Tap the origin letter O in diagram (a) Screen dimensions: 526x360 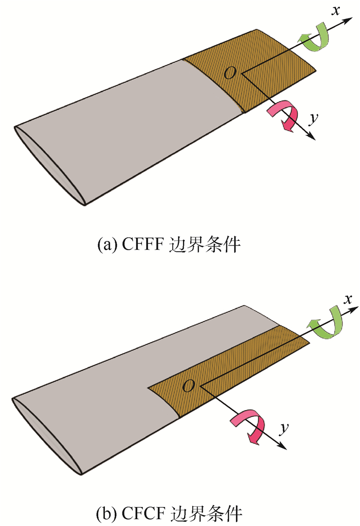(x=230, y=74)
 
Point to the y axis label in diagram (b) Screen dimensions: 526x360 (x=283, y=428)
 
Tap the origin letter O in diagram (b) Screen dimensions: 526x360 (x=189, y=385)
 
